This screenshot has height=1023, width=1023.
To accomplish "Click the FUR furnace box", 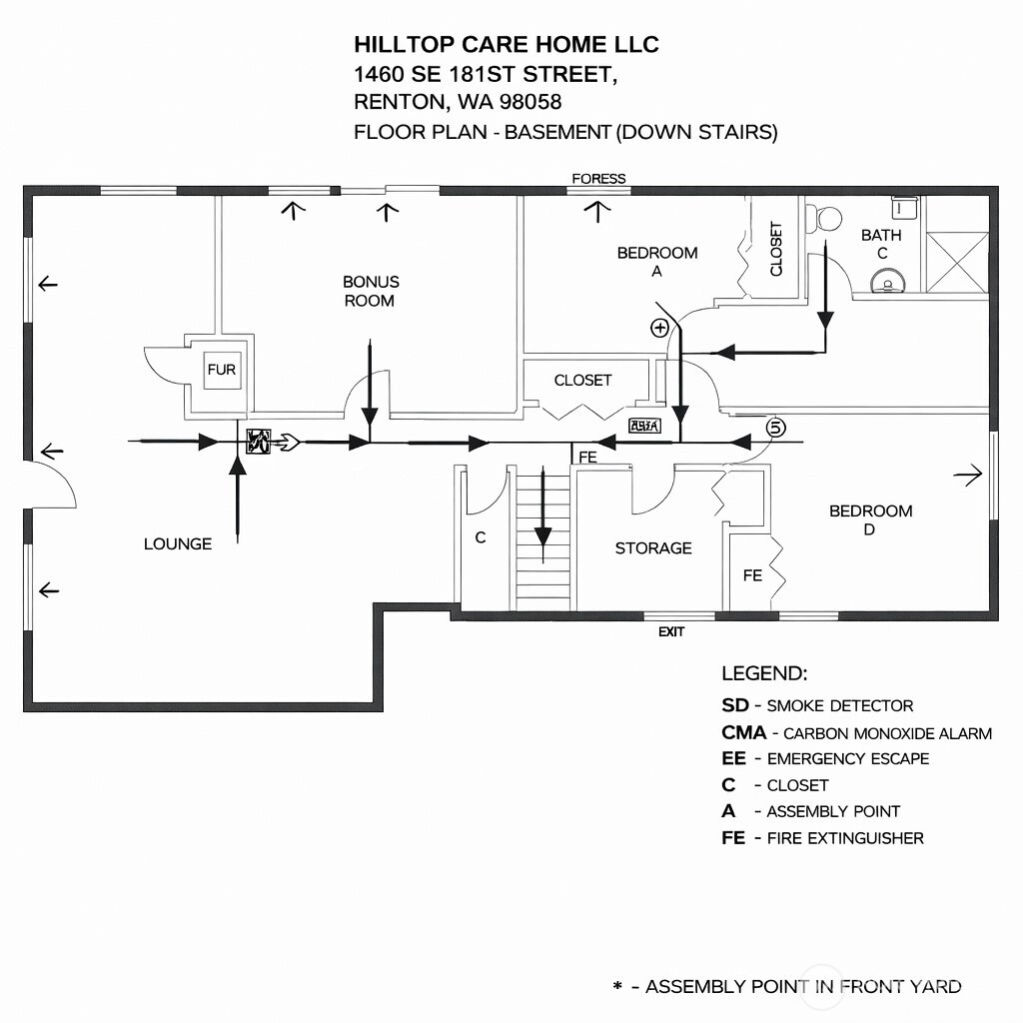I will click(222, 370).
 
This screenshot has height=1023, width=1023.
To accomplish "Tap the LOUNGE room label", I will click(178, 543).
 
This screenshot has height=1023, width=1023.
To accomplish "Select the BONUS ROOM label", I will click(370, 291).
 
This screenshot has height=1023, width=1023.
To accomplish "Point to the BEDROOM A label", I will click(656, 262).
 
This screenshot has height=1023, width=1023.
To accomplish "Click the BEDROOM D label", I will click(870, 519).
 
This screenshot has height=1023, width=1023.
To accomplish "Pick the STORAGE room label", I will click(653, 547).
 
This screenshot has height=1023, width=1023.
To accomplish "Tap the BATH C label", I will click(881, 244).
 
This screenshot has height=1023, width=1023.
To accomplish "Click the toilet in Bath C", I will click(829, 217).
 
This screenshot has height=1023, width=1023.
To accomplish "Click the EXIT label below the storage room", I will click(671, 631).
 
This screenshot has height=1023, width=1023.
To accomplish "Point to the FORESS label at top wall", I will click(598, 179).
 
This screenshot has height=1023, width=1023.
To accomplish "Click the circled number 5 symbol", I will click(776, 427).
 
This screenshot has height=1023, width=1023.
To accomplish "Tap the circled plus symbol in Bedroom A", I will click(659, 327).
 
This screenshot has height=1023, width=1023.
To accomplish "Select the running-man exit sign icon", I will click(258, 441).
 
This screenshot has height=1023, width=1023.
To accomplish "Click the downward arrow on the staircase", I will click(542, 510).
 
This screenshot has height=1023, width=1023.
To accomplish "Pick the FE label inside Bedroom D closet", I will click(752, 575).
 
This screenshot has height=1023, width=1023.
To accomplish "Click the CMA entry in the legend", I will click(856, 732).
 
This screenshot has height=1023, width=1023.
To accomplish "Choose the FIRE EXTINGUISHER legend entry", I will click(822, 837).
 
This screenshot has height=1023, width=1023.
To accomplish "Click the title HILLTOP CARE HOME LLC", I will click(507, 44).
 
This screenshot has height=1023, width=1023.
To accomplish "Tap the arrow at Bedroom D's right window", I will click(967, 477).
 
